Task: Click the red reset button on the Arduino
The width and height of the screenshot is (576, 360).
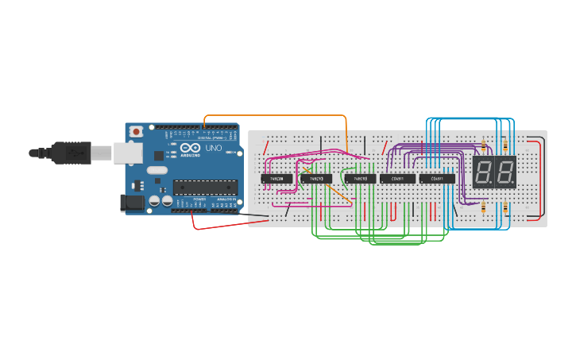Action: point(136,131)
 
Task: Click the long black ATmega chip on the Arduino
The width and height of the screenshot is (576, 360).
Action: point(205,188)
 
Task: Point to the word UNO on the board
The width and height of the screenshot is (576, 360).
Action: point(214,149)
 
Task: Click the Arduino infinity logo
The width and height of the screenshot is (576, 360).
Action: point(191,148)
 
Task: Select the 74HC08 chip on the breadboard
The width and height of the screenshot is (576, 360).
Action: point(278,179)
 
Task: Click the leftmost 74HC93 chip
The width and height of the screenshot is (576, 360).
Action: point(316,179)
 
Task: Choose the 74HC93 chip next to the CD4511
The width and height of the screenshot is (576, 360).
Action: point(360,179)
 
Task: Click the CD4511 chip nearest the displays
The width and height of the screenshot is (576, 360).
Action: point(437,179)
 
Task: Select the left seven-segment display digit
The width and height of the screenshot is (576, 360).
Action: point(484,172)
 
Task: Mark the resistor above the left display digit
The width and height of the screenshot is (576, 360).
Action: point(484,145)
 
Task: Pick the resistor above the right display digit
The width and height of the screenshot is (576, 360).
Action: point(506,145)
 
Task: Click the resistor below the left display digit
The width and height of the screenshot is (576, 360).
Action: point(484,207)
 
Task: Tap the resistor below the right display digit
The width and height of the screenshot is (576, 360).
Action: point(506,207)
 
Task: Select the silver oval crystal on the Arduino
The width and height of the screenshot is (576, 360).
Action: point(157,169)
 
